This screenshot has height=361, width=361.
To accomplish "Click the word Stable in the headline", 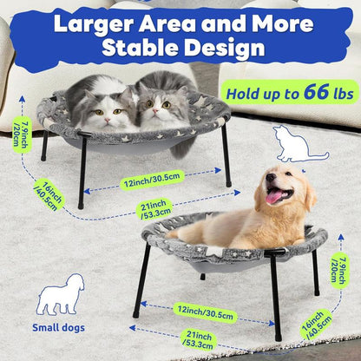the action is point(140,47).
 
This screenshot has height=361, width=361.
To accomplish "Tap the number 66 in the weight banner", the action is point(317,92).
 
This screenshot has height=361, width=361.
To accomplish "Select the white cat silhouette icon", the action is point(300,144).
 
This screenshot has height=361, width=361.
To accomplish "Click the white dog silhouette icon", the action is point(61,294).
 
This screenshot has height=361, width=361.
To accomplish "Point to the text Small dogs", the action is point(58,328).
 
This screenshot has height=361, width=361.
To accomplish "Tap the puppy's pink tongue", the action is point(274,198).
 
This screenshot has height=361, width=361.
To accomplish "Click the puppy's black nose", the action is point(271,177).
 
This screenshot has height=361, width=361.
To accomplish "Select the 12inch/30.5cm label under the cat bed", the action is point(152,180).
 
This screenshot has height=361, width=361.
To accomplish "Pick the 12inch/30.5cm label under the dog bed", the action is point(205,313).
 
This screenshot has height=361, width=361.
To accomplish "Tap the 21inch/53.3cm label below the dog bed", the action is point(199,339).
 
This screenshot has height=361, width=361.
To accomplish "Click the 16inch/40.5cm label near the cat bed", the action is point(49,195).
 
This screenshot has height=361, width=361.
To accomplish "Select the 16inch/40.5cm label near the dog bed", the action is point(316,326).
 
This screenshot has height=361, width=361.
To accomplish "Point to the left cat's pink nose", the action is point(108,120).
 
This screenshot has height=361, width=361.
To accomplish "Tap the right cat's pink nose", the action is point(155,111).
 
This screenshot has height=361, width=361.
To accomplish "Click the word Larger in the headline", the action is point(94,24).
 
